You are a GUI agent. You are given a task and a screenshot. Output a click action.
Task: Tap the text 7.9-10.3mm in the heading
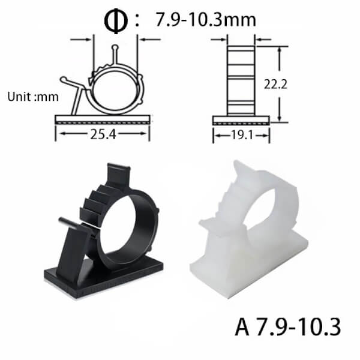point(206,20)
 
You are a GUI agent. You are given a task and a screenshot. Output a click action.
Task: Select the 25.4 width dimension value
point(103,134)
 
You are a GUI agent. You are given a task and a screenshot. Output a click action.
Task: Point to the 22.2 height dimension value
point(275,84)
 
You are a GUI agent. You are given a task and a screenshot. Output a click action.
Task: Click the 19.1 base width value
point(242,135)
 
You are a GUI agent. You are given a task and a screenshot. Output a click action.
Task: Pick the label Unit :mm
point(33,97)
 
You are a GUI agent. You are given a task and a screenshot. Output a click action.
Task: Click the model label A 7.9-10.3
point(288,327)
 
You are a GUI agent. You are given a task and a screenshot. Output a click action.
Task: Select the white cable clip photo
point(249,230)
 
